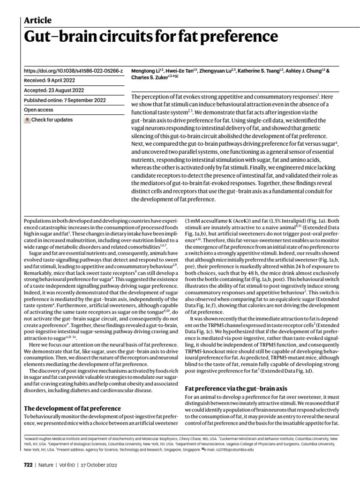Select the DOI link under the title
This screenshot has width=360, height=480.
point(73,71)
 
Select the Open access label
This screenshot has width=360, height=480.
point(38,110)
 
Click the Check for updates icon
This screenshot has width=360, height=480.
point(27,120)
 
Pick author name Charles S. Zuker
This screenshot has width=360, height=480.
point(149,78)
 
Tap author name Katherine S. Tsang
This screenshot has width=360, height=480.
point(258,71)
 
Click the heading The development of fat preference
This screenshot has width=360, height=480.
point(72,408)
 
